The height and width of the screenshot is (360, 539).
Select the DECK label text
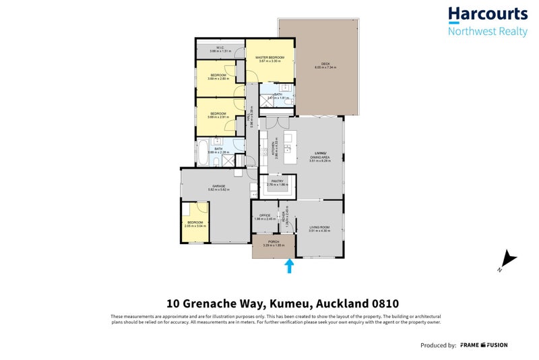[x=325, y=64]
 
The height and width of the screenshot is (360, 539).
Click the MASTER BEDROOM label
[x=269, y=58]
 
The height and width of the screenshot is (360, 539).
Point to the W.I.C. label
[x=220, y=48]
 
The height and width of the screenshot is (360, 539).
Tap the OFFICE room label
[x=265, y=215]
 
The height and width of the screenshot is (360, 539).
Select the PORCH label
[x=274, y=242]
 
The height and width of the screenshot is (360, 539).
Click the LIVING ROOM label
[x=320, y=228]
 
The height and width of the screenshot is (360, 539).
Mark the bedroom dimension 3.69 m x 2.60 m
[x=219, y=79]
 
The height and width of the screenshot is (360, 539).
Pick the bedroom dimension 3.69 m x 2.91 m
[x=219, y=117]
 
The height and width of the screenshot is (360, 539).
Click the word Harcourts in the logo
[x=488, y=15]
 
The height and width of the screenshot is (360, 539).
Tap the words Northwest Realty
[x=488, y=32]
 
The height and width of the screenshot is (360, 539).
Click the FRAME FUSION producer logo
[x=484, y=345]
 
